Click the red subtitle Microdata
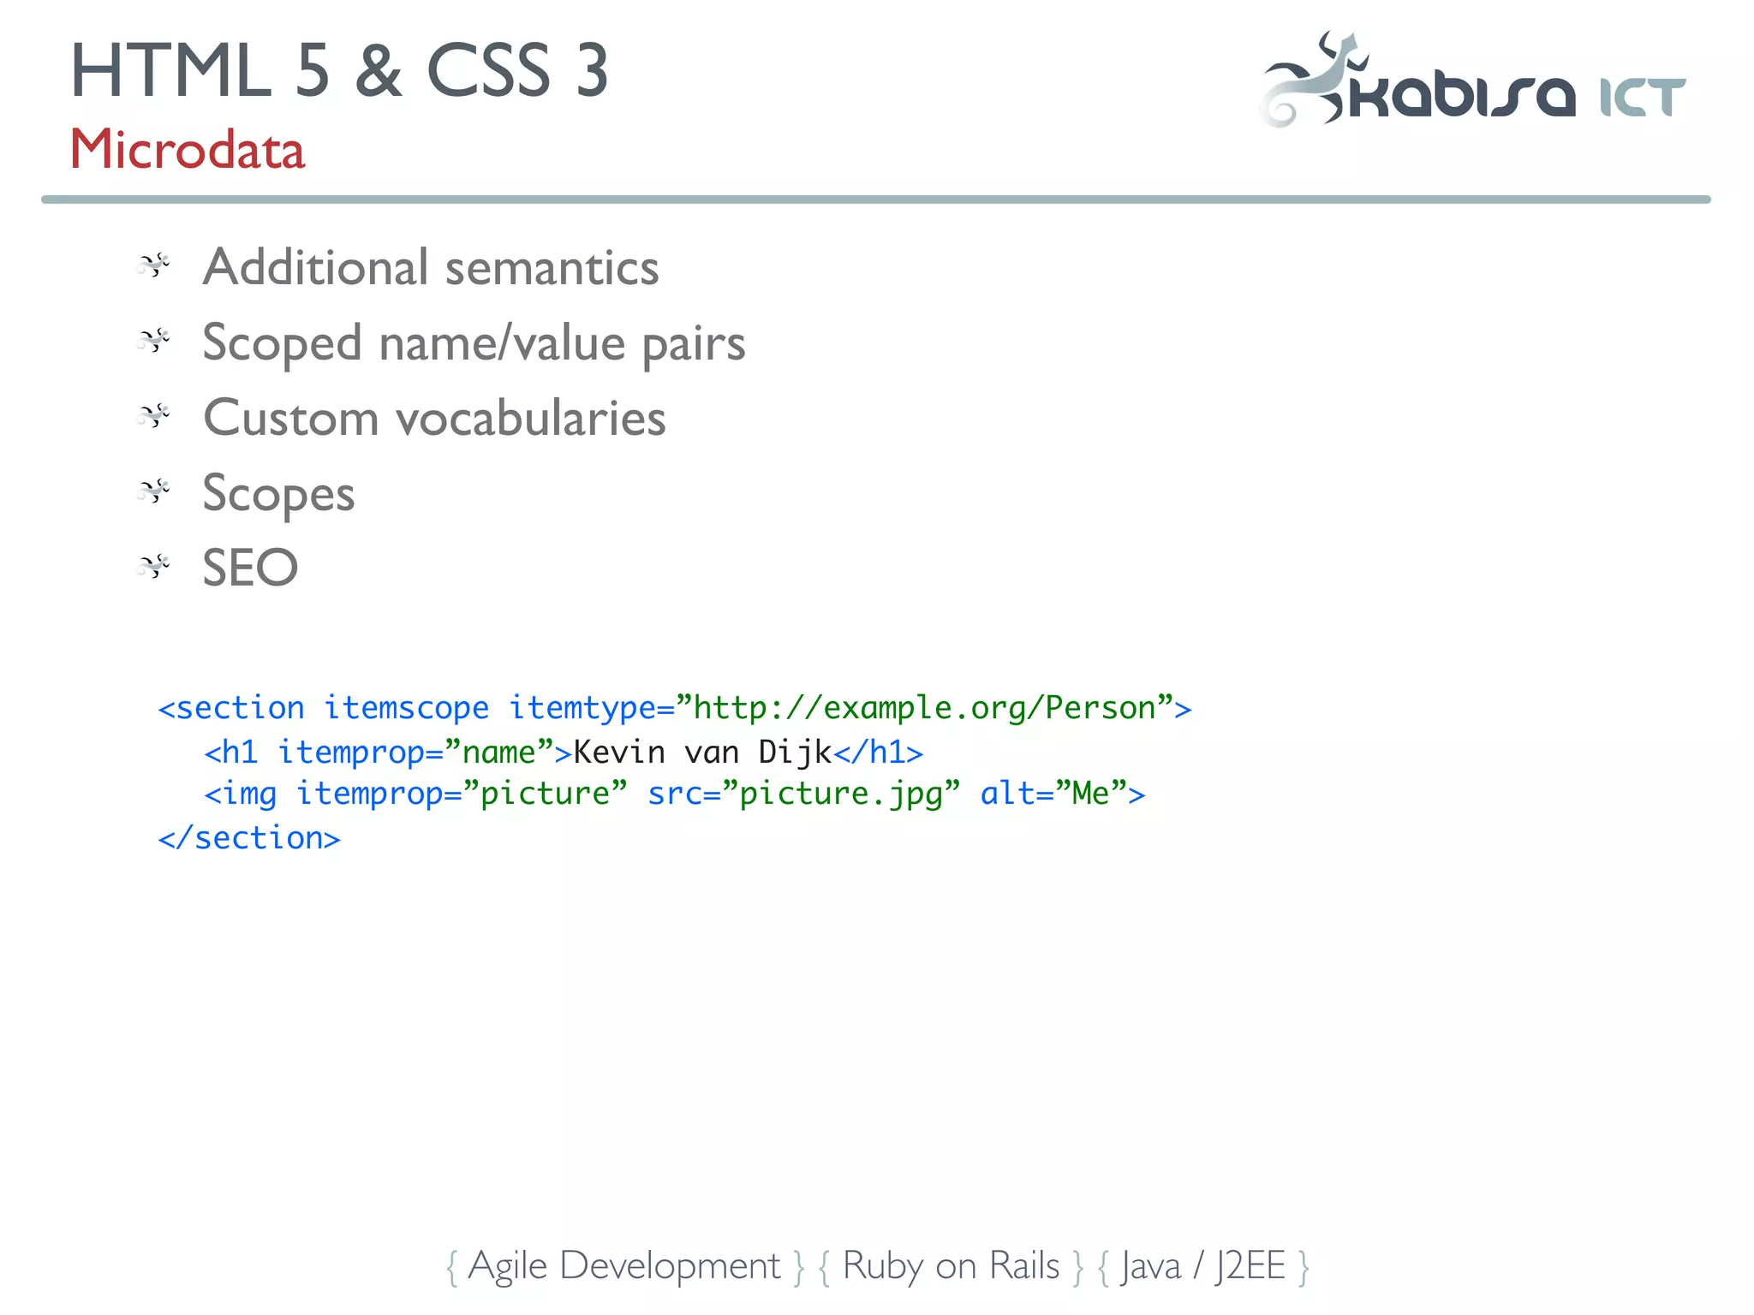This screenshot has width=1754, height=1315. point(187,150)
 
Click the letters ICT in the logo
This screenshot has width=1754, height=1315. point(1642,97)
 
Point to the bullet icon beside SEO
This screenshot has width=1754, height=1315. point(154,566)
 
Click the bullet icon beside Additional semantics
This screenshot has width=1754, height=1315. point(154,265)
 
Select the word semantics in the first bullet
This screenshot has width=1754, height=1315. point(552,267)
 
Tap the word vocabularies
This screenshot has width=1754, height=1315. point(530,419)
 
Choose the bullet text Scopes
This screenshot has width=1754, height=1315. point(278,494)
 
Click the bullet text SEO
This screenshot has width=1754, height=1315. point(250,568)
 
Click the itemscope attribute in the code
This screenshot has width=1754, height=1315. point(406,708)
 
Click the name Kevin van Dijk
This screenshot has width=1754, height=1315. point(702,752)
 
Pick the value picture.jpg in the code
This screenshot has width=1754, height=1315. point(840,794)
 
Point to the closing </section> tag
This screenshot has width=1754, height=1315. point(249,837)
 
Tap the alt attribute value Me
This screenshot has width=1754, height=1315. point(1090,794)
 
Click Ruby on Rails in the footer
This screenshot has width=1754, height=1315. point(951,1265)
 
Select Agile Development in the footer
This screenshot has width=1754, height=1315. point(624,1265)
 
